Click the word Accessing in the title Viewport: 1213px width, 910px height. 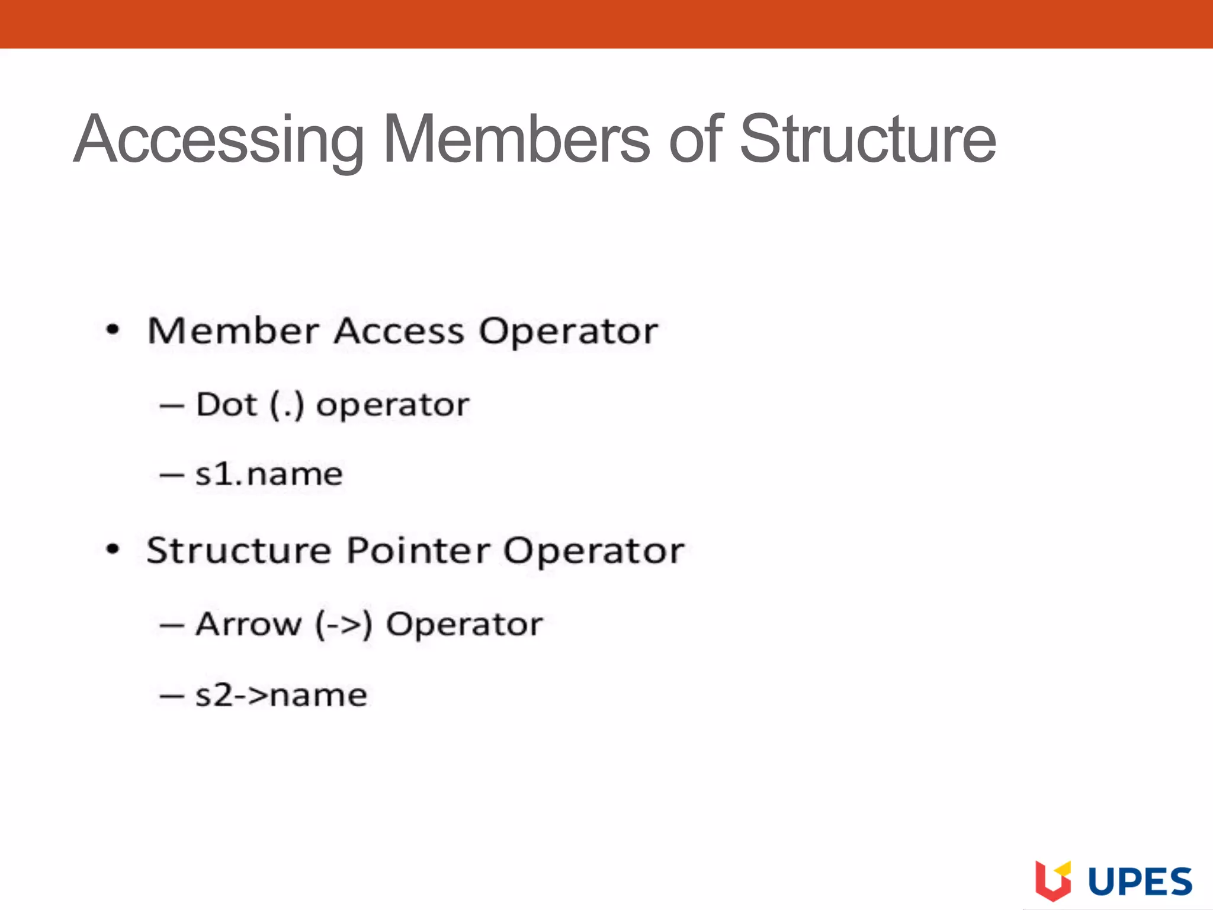219,140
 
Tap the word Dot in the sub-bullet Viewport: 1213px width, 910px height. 226,405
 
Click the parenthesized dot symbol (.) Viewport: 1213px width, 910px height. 287,406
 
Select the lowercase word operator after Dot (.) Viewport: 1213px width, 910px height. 393,406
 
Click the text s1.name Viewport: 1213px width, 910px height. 269,475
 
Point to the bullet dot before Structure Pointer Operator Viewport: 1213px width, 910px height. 113,550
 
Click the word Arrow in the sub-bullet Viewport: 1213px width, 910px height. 248,624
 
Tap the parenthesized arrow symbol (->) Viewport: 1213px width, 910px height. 344,625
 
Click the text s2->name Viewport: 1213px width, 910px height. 281,695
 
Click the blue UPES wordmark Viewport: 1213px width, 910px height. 1140,882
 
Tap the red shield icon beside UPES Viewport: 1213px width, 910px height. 1052,880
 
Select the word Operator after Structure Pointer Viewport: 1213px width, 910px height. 593,551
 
